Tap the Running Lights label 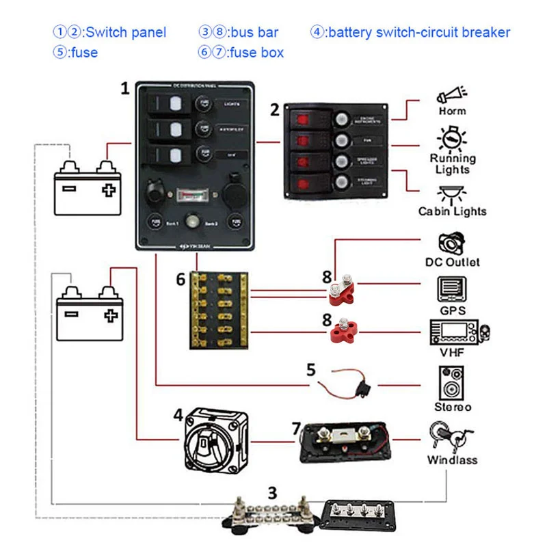click(453, 163)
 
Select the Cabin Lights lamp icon click(452, 191)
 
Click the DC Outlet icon click(452, 244)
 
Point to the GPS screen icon click(452, 290)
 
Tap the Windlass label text click(452, 459)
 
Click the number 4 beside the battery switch click(178, 415)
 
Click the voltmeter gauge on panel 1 click(191, 198)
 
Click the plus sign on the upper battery click(106, 189)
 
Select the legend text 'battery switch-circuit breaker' click(419, 32)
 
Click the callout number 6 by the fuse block click(181, 279)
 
